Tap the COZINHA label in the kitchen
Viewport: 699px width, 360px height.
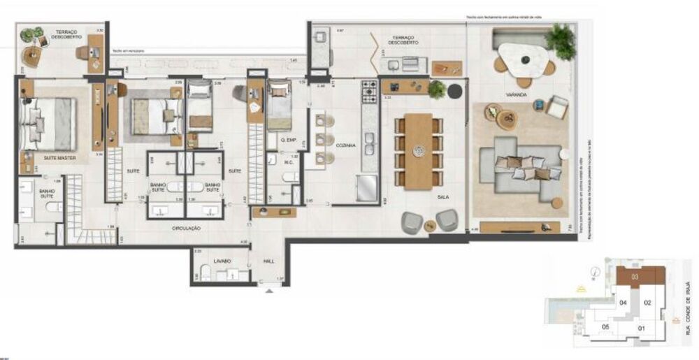pos(345,145)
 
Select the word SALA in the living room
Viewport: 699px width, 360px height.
pos(442,197)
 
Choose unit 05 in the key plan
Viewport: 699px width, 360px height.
pos(606,326)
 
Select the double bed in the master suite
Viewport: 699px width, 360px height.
pos(49,122)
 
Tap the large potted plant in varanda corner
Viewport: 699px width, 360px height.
pos(560,41)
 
